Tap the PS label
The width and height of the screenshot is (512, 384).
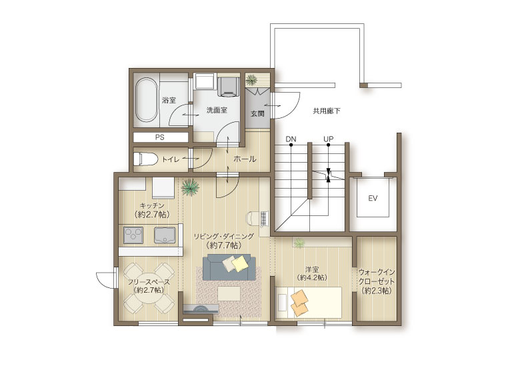tap(160, 137)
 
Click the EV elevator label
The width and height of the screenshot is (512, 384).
tap(373, 198)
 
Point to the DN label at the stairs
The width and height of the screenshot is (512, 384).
tap(291, 139)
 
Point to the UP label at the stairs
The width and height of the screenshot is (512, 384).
tap(329, 139)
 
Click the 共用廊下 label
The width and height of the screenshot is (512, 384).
tap(327, 111)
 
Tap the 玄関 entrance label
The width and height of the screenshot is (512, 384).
tap(257, 113)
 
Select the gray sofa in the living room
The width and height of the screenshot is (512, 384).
tap(229, 267)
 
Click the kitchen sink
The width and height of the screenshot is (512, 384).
tap(165, 235)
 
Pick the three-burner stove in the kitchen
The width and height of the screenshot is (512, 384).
tap(133, 235)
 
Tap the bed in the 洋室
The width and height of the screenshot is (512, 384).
tap(309, 303)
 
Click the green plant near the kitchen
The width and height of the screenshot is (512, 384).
tap(190, 187)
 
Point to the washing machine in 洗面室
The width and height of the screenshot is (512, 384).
tap(228, 86)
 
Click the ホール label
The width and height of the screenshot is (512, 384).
tap(245, 159)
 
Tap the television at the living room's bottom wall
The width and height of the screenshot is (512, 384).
tap(201, 309)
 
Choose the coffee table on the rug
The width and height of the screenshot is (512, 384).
tap(229, 293)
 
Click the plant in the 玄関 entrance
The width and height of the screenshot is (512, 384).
tap(251, 80)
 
